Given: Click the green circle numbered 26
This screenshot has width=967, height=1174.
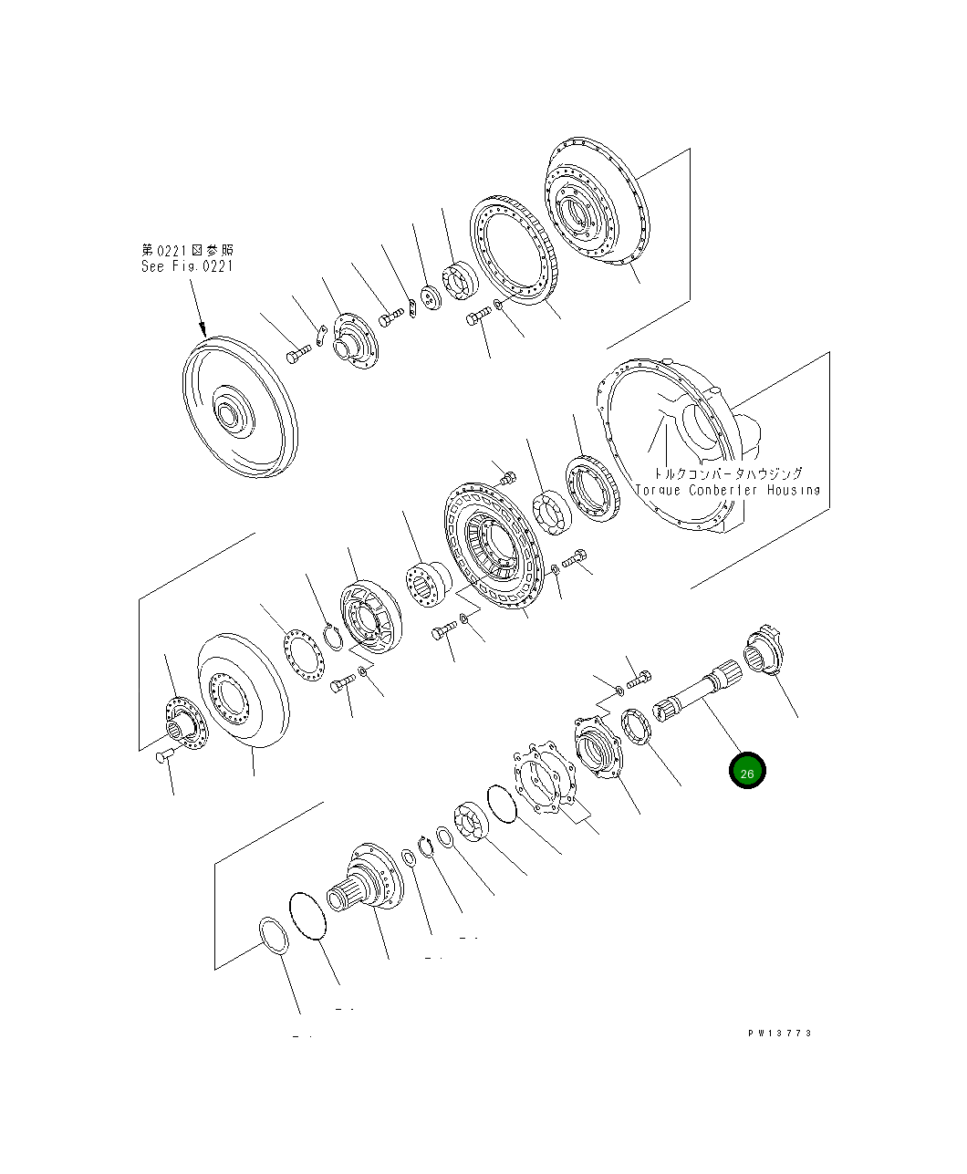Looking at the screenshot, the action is (746, 770).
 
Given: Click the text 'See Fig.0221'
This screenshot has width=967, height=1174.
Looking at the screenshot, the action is (187, 266).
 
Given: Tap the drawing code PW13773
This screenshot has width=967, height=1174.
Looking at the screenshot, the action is (780, 1034).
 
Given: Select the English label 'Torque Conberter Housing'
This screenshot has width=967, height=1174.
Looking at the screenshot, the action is (727, 490).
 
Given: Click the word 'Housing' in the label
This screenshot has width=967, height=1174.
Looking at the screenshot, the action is (794, 490).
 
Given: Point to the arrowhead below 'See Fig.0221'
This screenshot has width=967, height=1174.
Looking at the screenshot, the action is (203, 330).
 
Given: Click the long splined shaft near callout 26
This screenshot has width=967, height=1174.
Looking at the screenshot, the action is (697, 691).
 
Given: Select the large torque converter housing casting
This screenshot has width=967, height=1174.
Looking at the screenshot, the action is (675, 444).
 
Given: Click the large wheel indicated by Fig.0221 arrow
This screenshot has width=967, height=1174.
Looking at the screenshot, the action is (240, 407).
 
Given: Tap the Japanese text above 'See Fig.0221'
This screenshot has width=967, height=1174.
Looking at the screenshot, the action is (187, 250).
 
